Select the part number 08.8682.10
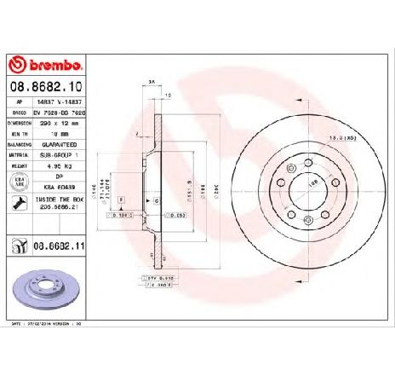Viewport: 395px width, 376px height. pos(44,87)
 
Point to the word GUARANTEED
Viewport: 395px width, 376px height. pos(60,144)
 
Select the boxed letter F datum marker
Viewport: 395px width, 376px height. pos(121,199)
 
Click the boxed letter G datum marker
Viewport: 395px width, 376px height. pos(158,199)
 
